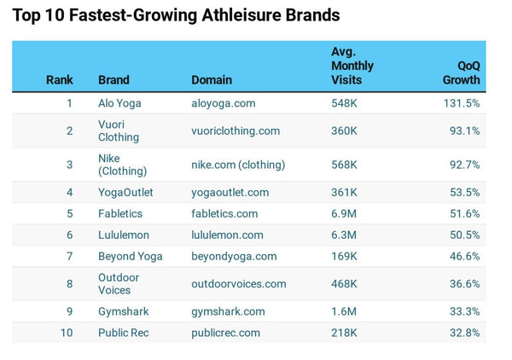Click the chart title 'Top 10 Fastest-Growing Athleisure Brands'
pyautogui.click(x=176, y=15)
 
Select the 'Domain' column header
pyautogui.click(x=212, y=80)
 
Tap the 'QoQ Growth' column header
pyautogui.click(x=462, y=73)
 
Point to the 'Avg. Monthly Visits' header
pyautogui.click(x=352, y=66)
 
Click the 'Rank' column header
pyautogui.click(x=60, y=80)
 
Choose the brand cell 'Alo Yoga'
pyautogui.click(x=119, y=103)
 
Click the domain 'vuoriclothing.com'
pyautogui.click(x=236, y=131)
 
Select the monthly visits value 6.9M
pyautogui.click(x=344, y=213)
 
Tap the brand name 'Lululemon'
pyautogui.click(x=124, y=235)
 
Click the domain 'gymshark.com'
pyautogui.click(x=228, y=311)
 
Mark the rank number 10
pyautogui.click(x=67, y=333)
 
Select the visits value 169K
pyautogui.click(x=345, y=256)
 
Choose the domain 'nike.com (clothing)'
pyautogui.click(x=238, y=165)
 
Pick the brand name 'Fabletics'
pyautogui.click(x=120, y=213)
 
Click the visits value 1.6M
pyautogui.click(x=344, y=311)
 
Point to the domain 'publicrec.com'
pyautogui.click(x=225, y=333)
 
